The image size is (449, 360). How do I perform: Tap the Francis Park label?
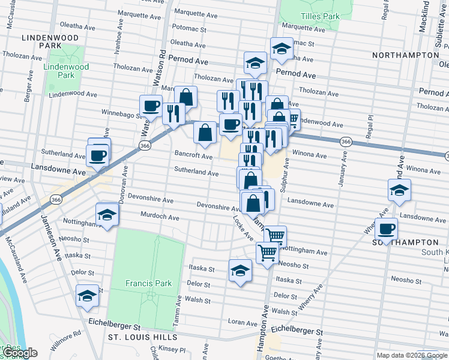coord(149,283)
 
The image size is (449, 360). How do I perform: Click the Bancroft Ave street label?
coord(193,156)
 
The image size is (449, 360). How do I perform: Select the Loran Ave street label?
coord(243,323)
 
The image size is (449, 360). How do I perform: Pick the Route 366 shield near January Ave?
coord(345,141)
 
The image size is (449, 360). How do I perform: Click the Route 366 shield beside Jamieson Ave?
coord(56,199)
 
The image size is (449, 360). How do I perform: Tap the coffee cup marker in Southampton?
coord(387,229)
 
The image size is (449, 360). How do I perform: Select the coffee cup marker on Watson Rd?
coord(151,106)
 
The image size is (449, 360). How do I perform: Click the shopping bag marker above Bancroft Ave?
coord(205,133)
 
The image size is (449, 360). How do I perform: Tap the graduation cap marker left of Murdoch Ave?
coord(107,215)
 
